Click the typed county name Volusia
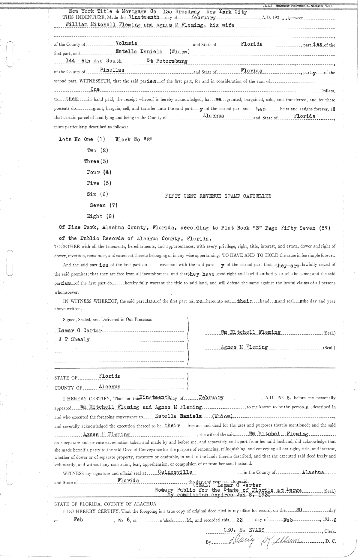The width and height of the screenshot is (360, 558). pyautogui.click(x=126, y=43)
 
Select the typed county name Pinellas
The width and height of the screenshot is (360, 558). pyautogui.click(x=107, y=70)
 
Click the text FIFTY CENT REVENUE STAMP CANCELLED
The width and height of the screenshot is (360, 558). pyautogui.click(x=218, y=196)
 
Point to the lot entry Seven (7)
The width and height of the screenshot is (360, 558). pyautogui.click(x=103, y=205)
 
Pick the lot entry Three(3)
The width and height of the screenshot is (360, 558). pyautogui.click(x=96, y=161)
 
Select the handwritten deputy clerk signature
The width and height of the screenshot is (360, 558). pyautogui.click(x=265, y=542)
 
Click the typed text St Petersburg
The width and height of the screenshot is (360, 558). pyautogui.click(x=167, y=61)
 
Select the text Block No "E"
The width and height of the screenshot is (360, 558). pyautogui.click(x=134, y=139)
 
